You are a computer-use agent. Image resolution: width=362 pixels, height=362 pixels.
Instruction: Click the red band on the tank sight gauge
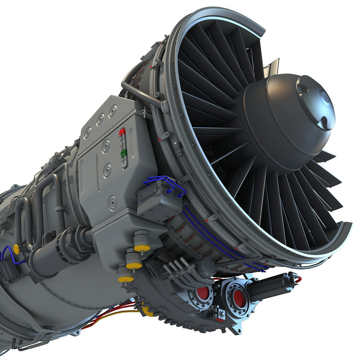(122, 132)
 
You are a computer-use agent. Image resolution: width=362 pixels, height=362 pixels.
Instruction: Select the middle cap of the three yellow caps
(134, 265)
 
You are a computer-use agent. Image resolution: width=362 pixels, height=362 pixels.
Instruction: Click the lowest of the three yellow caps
(126, 278)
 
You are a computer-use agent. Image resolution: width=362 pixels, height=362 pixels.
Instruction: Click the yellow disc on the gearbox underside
(147, 310)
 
